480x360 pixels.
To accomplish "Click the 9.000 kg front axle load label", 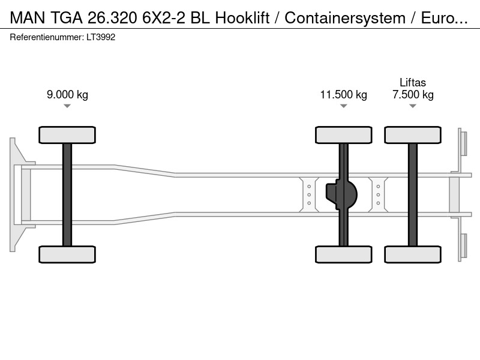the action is point(67,95).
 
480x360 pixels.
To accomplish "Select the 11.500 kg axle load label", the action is point(343,95).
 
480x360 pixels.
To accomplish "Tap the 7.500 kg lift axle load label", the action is point(413,95).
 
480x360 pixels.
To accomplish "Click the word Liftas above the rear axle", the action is point(413,83).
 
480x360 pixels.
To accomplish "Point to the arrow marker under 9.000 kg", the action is point(67,106).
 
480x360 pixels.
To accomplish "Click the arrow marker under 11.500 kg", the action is point(343,106).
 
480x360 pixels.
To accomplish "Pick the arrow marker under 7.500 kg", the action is point(413,106).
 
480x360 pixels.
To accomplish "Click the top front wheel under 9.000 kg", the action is point(67,135).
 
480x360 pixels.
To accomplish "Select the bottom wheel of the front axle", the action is point(67,254).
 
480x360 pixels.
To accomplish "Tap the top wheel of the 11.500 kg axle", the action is point(343,135).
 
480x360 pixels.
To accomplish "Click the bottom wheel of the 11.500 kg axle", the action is point(343,254).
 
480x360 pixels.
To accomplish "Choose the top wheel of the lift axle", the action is point(413,135).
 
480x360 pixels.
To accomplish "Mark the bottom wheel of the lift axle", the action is point(413,254).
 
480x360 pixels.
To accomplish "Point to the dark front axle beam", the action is point(67,194).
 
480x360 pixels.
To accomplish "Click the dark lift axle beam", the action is point(413,194).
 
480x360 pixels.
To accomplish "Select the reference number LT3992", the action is point(101,37).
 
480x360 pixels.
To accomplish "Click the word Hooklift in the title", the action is point(242,18).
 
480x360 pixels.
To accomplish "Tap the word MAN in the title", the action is point(28,18).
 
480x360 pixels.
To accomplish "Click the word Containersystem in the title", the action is point(345,18).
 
